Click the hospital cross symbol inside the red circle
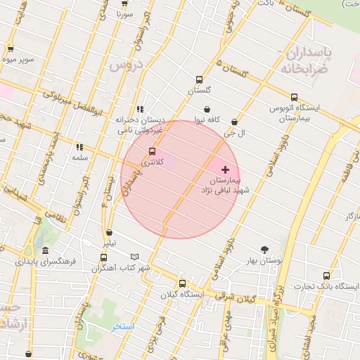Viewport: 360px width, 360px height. [x=225, y=169]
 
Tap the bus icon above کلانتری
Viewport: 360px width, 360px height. [x=153, y=151]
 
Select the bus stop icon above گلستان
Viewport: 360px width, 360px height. [x=199, y=79]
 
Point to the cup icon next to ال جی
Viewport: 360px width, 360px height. [x=234, y=122]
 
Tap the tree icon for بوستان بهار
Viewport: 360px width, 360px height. [x=264, y=250]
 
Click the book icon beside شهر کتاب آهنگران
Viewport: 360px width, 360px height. [x=134, y=257]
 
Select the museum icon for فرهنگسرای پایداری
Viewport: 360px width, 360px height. [x=46, y=251]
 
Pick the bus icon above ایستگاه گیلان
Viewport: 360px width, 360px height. [x=183, y=283]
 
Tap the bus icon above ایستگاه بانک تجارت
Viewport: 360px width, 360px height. [x=326, y=276]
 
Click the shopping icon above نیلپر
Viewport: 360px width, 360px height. [x=109, y=233]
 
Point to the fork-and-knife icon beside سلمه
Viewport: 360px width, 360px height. [x=79, y=147]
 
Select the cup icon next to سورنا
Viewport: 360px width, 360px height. [x=125, y=2]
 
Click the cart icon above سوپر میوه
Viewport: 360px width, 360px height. [x=11, y=49]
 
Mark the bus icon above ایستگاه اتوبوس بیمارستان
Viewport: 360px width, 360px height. [x=295, y=97]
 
